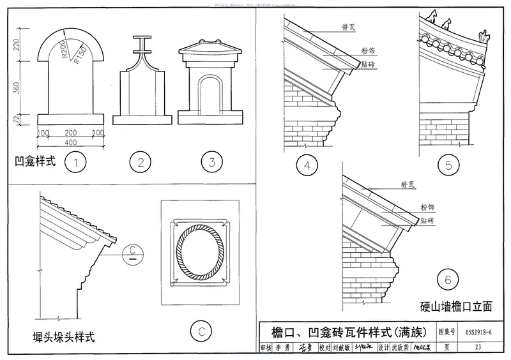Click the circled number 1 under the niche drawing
click(x=76, y=162)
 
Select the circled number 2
click(x=140, y=162)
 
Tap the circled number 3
click(x=211, y=162)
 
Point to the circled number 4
click(x=307, y=167)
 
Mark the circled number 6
click(x=449, y=279)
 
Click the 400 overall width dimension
click(x=71, y=142)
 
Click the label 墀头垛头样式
click(x=63, y=336)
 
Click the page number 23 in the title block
click(x=478, y=348)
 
